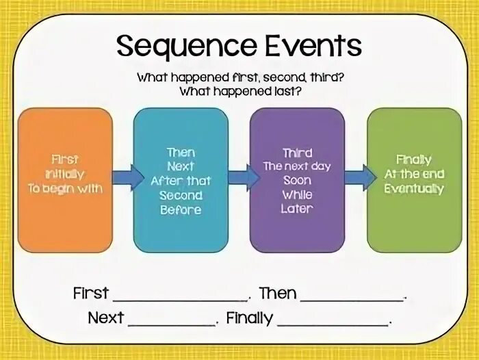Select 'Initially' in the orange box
tap(66, 175)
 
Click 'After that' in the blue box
tap(181, 181)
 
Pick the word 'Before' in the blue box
tap(181, 210)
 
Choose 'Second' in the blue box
tap(181, 195)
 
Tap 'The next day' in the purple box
tap(297, 166)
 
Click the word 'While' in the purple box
tap(297, 195)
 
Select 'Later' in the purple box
tap(297, 209)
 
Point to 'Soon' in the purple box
tap(297, 181)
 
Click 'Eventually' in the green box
tap(414, 189)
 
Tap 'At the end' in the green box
tap(414, 175)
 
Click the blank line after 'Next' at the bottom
tap(172, 322)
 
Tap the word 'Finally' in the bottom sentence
tap(249, 318)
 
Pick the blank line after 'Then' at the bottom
tap(353, 298)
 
